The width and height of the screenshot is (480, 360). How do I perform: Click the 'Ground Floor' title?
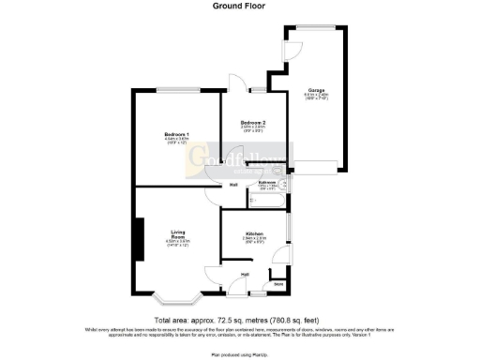240,6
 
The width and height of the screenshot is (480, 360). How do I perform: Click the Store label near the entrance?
277,282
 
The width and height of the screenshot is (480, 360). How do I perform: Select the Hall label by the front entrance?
244,274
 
